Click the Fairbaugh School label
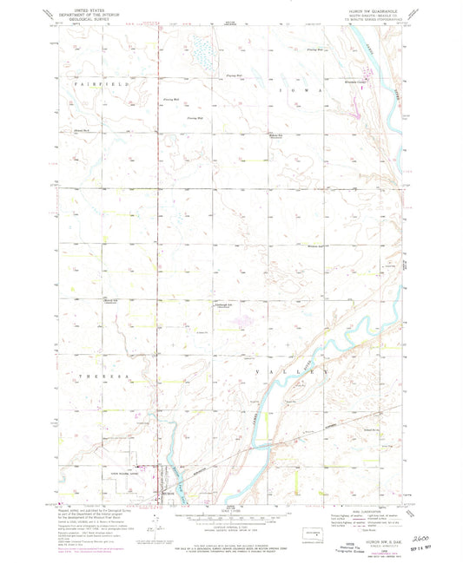225,304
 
